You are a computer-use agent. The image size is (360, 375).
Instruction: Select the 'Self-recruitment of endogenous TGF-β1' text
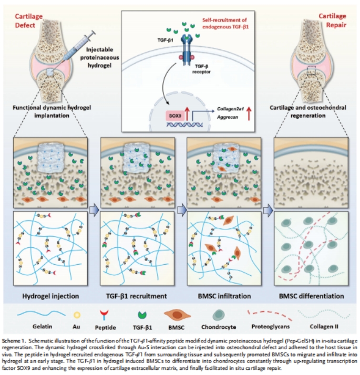click(226, 23)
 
